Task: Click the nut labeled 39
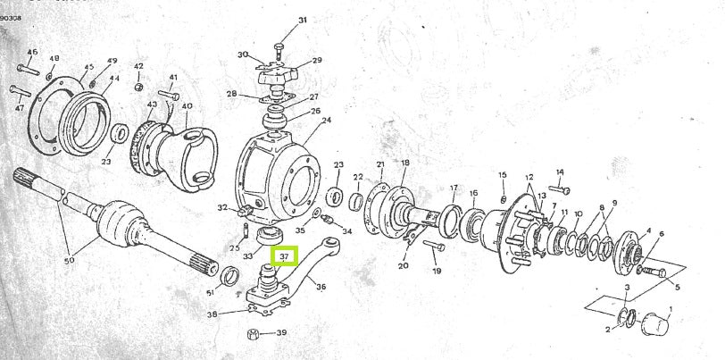click(x=253, y=335)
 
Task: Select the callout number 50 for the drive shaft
click(x=68, y=260)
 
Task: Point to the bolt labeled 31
click(x=279, y=41)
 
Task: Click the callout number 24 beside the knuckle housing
click(x=326, y=120)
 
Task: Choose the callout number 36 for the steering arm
click(x=321, y=287)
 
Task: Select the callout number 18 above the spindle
click(x=404, y=163)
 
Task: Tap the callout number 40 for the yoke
click(x=187, y=105)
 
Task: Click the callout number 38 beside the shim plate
click(x=212, y=314)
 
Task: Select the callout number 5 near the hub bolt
click(x=676, y=287)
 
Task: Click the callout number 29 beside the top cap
click(x=316, y=61)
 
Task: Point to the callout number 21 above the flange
click(x=380, y=164)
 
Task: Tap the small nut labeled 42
click(x=139, y=86)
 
